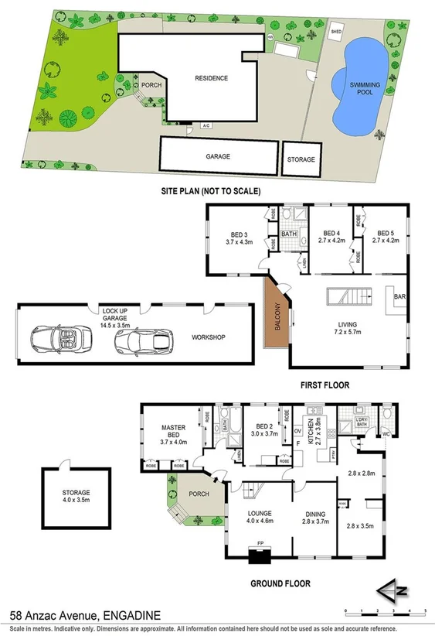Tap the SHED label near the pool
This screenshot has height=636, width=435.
coord(336,32)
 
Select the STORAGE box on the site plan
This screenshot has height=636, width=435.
coord(301,159)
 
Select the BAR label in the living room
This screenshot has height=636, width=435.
coord(399,296)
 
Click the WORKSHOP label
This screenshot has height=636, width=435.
coord(208,337)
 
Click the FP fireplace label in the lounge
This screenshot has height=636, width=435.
coord(260,543)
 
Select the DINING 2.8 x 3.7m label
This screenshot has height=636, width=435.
coord(314,518)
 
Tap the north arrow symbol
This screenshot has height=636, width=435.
coord(393,592)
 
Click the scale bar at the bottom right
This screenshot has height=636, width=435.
coord(386,610)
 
